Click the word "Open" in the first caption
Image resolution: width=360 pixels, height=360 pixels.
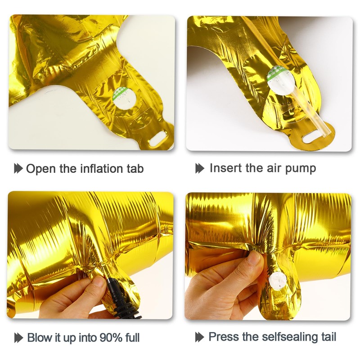pos(41,169)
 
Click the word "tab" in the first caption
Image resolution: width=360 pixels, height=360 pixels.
pos(134,169)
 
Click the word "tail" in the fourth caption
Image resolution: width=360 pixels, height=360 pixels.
pos(328,337)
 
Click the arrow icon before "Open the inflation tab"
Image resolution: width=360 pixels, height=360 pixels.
pos(18,169)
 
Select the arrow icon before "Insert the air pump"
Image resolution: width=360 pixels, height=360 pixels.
pos(200,169)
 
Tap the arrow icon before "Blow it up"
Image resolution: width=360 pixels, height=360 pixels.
pos(18,337)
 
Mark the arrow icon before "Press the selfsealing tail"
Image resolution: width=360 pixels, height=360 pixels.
pos(200,337)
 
